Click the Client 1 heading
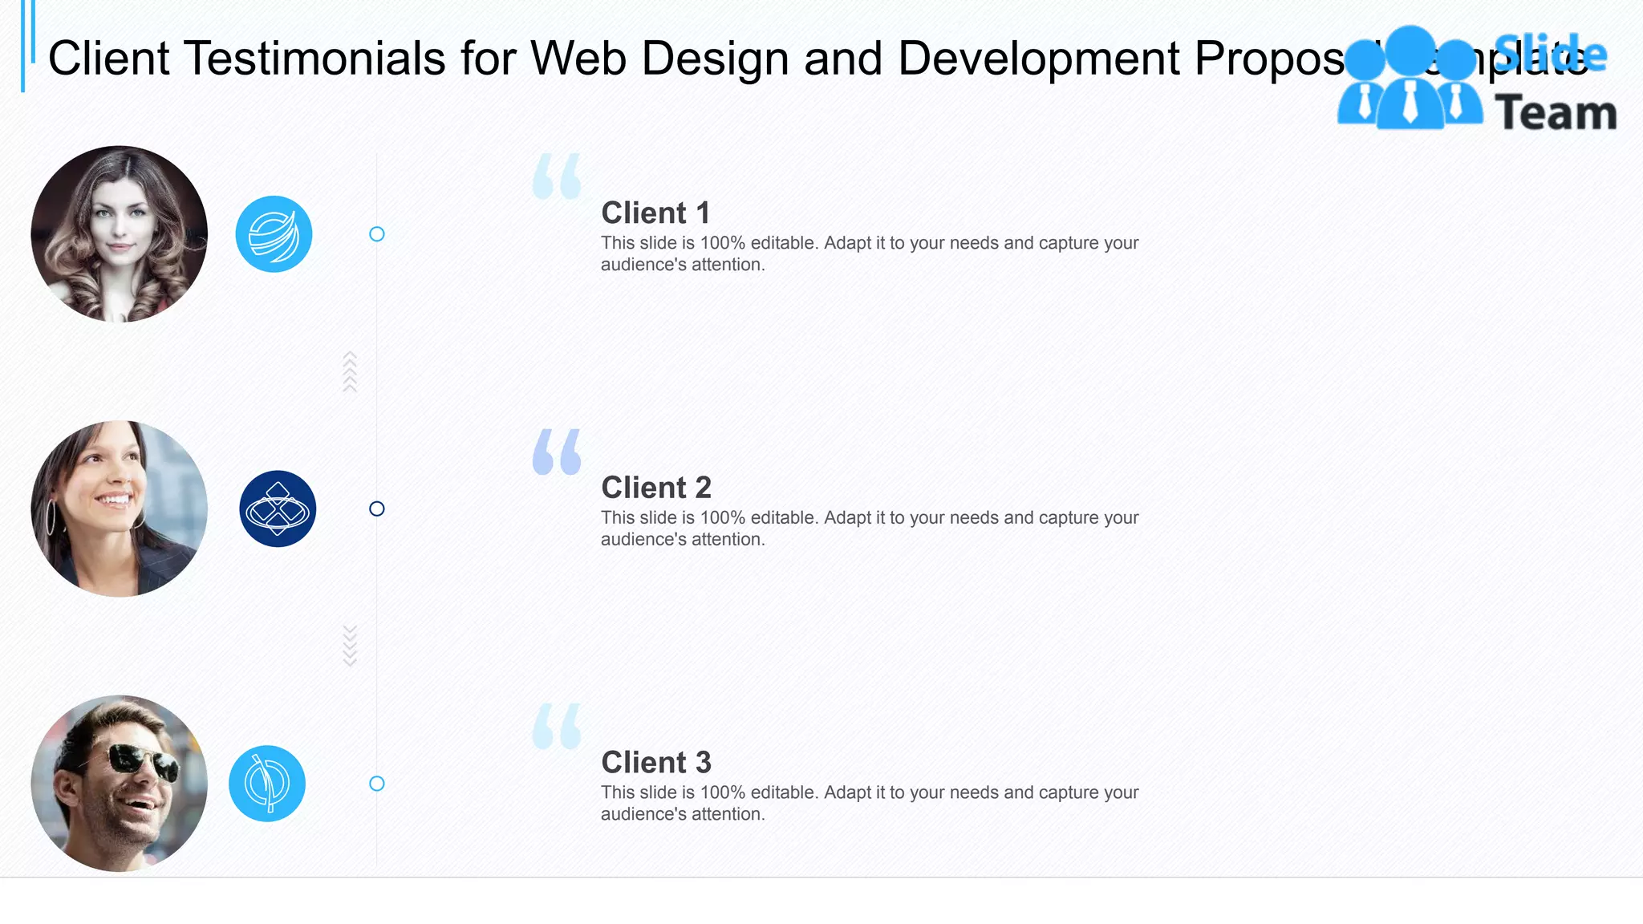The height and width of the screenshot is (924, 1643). pos(655,213)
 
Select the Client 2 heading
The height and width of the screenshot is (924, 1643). pos(655,488)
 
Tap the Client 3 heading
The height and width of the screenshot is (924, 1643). pos(655,763)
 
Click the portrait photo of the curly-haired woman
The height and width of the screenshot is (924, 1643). pos(120,233)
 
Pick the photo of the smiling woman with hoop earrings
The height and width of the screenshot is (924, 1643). pos(120,509)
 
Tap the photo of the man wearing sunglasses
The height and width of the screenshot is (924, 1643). pos(120,783)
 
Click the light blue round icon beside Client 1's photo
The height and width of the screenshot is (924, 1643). pos(274,234)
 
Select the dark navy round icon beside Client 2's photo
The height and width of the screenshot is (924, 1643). pos(278,509)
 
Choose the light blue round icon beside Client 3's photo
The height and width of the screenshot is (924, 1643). pos(267,784)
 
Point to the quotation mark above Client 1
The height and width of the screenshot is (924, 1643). pos(556,176)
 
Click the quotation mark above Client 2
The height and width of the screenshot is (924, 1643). pos(556,452)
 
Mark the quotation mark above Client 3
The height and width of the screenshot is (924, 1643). pos(556,727)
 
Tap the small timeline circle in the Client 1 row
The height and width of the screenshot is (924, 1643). pos(376,234)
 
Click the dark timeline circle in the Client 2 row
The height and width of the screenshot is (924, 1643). pos(376,509)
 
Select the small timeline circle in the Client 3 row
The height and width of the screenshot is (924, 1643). pos(376,784)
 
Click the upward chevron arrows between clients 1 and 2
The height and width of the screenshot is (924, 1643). pos(350,371)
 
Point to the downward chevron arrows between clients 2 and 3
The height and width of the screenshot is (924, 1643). pos(350,646)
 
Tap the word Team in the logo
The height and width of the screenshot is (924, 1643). pos(1556,113)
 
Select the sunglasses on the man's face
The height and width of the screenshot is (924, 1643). pos(144,761)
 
